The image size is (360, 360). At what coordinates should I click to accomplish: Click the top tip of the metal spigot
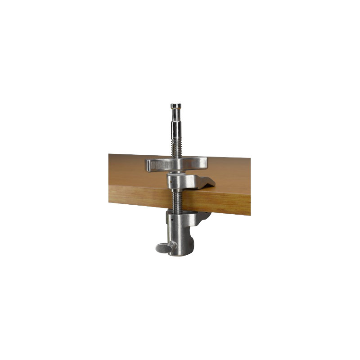click(x=176, y=105)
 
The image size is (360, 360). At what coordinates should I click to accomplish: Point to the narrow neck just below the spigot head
click(x=176, y=112)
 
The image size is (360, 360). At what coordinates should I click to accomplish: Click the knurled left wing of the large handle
click(x=157, y=165)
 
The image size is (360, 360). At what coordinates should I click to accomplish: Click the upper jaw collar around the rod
click(x=180, y=181)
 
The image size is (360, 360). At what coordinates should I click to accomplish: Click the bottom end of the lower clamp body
click(x=180, y=253)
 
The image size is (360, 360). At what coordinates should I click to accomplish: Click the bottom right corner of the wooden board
click(x=250, y=214)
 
